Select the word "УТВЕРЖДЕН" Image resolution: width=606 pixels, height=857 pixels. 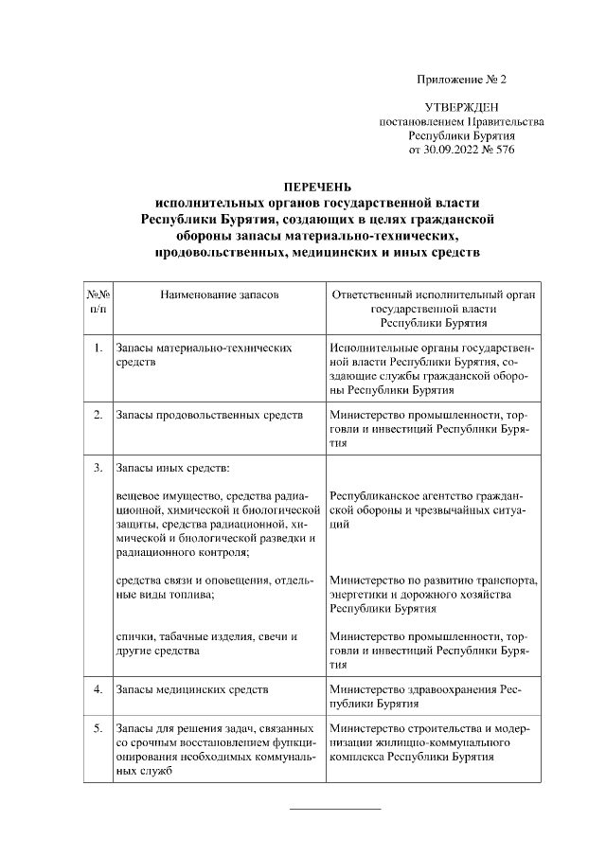(x=461, y=109)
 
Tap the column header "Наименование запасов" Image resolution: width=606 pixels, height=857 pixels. (x=220, y=295)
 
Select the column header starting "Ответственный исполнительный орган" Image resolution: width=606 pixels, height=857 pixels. (x=435, y=295)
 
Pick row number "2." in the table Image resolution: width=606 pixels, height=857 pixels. (x=98, y=415)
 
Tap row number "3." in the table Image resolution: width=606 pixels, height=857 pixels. (x=98, y=468)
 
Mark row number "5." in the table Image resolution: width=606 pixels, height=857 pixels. (x=98, y=728)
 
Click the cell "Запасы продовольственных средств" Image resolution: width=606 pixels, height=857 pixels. (x=209, y=415)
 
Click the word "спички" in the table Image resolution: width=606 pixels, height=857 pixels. (x=134, y=636)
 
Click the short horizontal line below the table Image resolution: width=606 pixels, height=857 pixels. (x=334, y=808)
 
